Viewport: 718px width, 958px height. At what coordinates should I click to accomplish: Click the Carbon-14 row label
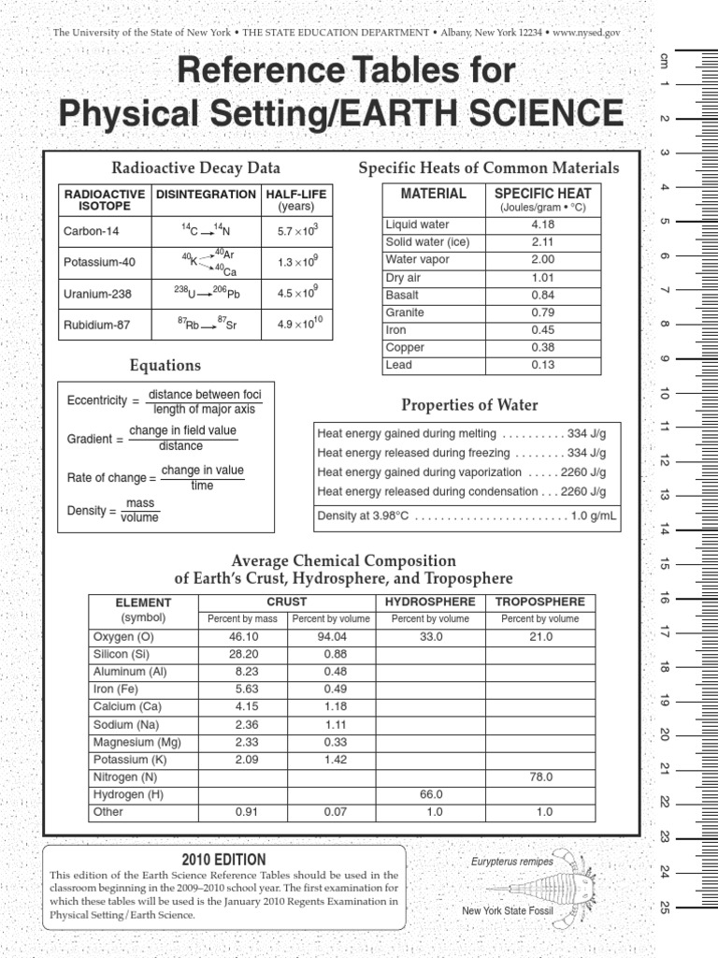coord(92,230)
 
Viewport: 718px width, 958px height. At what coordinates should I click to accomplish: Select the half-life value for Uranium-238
coord(298,294)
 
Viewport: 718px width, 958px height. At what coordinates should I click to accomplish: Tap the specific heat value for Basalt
coord(542,295)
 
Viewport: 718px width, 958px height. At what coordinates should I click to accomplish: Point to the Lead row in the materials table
coord(399,365)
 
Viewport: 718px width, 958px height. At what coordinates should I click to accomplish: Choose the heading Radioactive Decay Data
coord(195,168)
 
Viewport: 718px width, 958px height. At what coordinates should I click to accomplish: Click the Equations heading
coord(165,365)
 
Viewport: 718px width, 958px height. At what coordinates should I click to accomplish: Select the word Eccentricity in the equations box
coord(96,400)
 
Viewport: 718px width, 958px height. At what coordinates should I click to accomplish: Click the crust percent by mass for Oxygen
coord(242,636)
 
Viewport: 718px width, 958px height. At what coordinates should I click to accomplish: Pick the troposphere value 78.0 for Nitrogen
coord(540,777)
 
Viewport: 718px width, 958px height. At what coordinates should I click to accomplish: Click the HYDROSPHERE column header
coord(430,602)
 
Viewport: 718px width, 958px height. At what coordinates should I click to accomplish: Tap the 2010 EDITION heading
coord(224,859)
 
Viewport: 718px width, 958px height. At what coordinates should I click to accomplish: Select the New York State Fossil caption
coord(508,910)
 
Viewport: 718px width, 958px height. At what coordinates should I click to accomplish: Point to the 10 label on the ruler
coord(665,393)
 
